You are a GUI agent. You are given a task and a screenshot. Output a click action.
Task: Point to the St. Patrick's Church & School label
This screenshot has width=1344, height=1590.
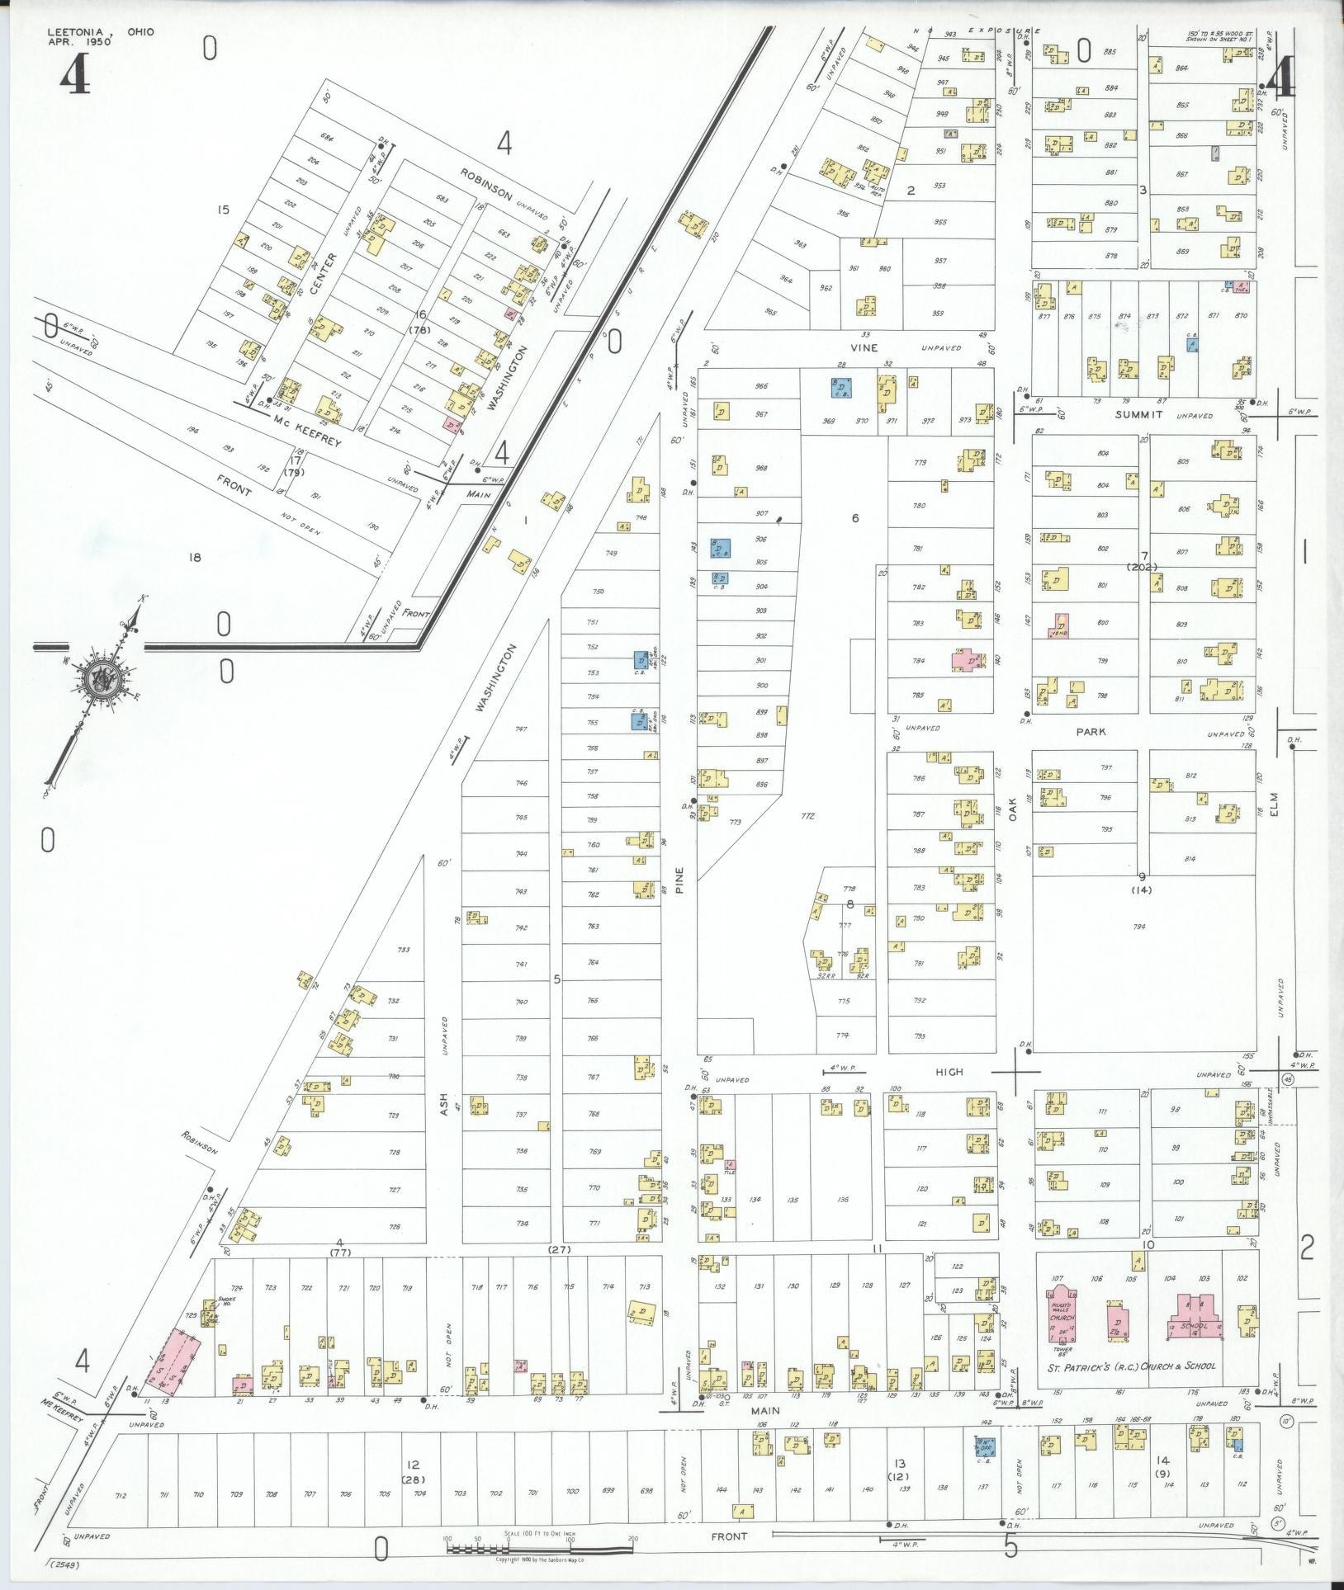click(x=1132, y=1366)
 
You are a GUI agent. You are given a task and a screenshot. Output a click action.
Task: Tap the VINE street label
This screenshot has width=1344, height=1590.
click(x=864, y=347)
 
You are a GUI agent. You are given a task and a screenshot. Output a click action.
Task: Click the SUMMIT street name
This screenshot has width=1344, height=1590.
click(x=1138, y=414)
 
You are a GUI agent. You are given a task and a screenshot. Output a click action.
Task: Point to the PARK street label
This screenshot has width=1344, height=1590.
click(x=1091, y=732)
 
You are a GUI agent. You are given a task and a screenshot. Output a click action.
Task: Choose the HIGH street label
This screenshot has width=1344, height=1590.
click(x=949, y=1072)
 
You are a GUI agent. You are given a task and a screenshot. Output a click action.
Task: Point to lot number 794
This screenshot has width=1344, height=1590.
click(x=1139, y=927)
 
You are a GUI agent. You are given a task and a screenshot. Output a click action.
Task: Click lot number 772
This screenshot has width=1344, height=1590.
click(x=807, y=815)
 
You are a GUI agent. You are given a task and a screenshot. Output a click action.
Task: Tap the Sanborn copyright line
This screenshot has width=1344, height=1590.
click(x=540, y=1559)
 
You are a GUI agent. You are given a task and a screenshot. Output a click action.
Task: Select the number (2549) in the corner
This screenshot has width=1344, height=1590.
click(x=69, y=1564)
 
